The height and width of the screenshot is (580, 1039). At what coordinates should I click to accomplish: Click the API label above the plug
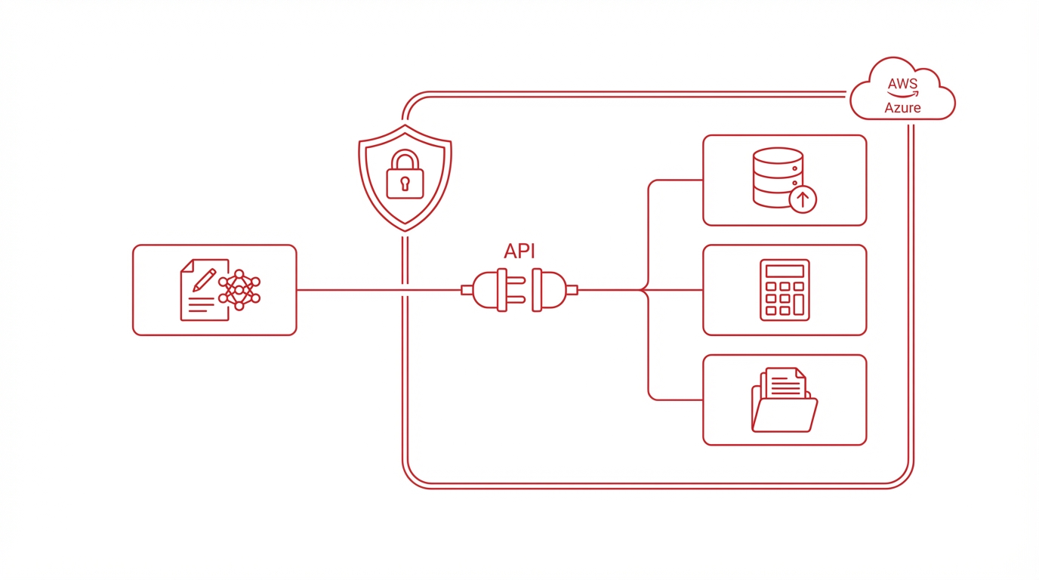[x=519, y=251]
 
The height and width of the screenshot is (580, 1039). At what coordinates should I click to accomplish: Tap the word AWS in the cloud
[x=902, y=84]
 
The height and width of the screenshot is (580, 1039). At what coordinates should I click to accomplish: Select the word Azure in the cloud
[x=902, y=108]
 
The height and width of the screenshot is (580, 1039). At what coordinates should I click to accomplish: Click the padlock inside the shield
[x=405, y=175]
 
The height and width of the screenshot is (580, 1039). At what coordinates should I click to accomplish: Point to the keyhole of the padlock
[x=405, y=184]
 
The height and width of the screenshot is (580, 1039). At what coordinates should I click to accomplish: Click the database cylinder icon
[x=778, y=177]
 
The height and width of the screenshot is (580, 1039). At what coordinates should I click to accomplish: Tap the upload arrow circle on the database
[x=803, y=200]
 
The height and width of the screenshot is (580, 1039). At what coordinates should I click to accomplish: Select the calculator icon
[x=785, y=290]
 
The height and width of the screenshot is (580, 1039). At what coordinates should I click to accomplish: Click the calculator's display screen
[x=785, y=271]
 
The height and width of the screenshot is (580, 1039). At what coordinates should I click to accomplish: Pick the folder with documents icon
[x=785, y=400]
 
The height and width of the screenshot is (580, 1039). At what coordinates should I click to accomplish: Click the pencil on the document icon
[x=204, y=280]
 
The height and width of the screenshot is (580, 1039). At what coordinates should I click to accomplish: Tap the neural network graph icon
[x=239, y=290]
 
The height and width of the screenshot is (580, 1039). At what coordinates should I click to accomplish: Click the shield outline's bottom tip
[x=405, y=230]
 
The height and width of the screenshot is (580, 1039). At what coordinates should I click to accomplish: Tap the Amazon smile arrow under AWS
[x=903, y=94]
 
